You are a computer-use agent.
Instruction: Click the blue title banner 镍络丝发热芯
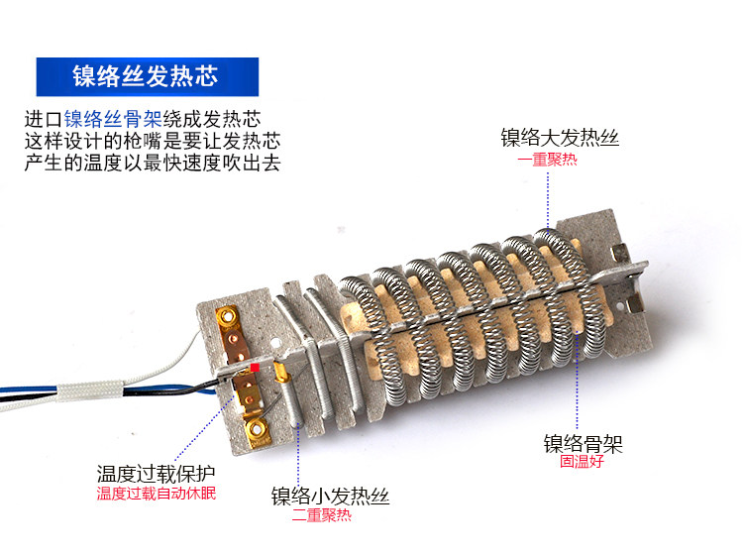click(x=147, y=76)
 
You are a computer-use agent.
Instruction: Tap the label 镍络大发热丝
click(x=566, y=138)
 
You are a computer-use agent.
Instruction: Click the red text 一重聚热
click(x=546, y=160)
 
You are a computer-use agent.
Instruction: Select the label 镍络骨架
click(x=583, y=443)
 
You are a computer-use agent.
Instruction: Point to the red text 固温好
click(x=581, y=462)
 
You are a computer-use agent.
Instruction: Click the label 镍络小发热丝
click(x=330, y=497)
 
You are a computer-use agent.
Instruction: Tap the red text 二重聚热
click(x=321, y=516)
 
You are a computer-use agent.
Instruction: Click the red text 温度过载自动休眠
click(x=156, y=494)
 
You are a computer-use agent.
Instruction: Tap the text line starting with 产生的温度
click(x=152, y=163)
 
